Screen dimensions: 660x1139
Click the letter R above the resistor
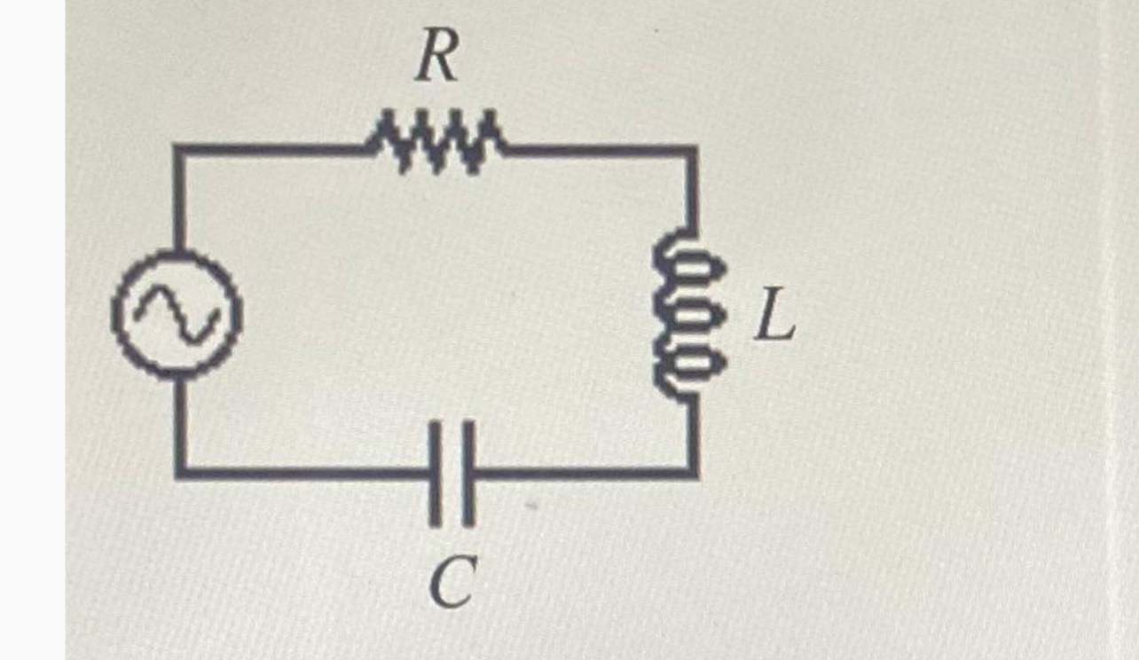[437, 59]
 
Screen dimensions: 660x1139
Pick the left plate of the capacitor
[435, 472]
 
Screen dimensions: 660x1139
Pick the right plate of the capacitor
[467, 472]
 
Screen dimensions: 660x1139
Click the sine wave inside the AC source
[177, 316]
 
